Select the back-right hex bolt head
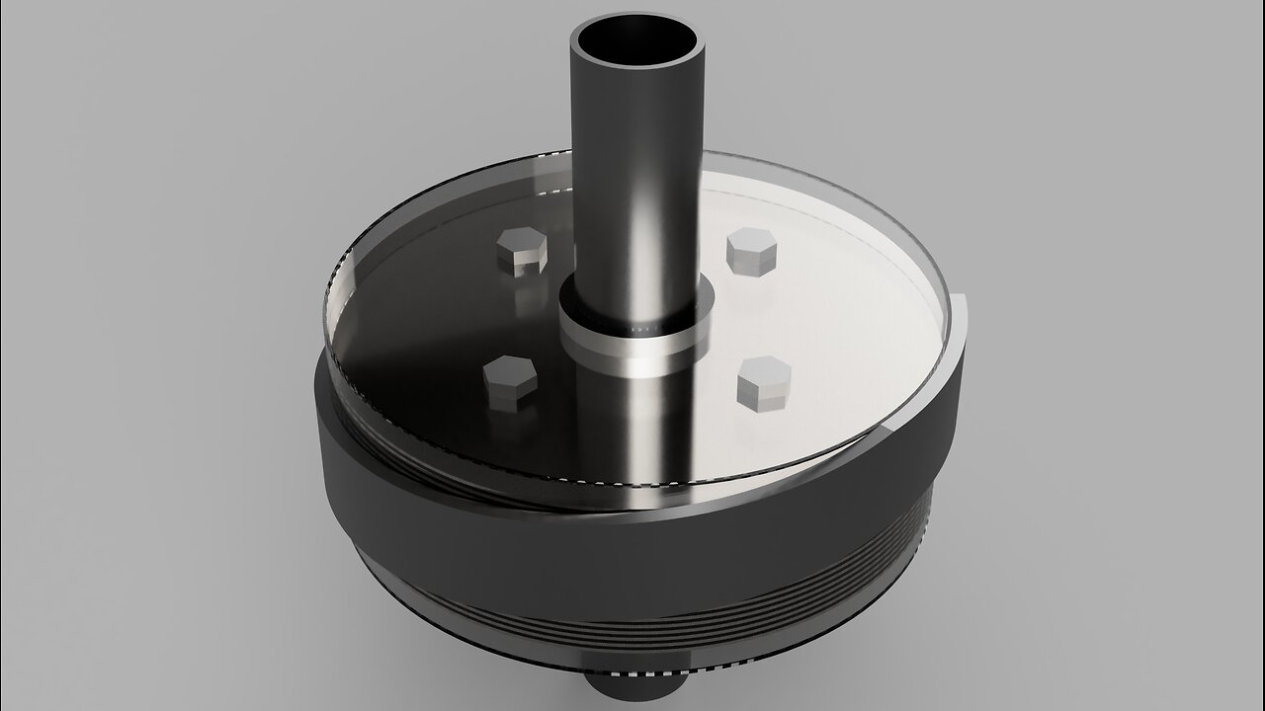point(751,251)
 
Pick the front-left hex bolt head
point(510,382)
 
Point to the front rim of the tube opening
point(636,67)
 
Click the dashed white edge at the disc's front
point(632,483)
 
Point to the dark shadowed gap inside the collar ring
point(632,324)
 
